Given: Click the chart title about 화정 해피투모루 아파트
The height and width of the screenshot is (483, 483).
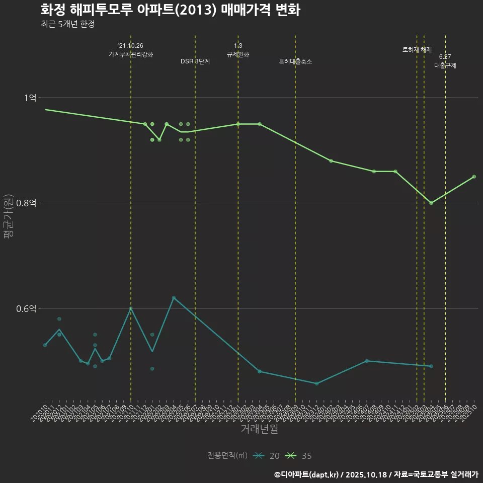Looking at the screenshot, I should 170,10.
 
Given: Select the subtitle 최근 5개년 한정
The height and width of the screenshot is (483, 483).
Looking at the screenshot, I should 67,24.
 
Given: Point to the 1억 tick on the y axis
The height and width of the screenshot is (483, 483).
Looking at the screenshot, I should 30,98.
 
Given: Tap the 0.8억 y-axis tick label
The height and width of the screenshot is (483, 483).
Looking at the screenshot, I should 26,203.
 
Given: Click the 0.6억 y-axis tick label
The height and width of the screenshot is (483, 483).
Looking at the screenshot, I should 26,308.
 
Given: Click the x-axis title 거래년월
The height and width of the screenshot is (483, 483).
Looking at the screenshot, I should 259,429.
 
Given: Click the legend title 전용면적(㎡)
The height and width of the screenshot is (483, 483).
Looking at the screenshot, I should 227,456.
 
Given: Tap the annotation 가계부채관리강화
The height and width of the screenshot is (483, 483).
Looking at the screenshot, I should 131,54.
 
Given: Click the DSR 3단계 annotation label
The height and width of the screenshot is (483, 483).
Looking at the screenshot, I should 195,61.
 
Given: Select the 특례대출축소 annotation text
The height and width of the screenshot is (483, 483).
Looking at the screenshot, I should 295,61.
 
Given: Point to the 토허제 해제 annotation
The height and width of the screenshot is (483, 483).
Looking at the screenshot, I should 417,50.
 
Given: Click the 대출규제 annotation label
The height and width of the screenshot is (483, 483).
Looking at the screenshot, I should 445,65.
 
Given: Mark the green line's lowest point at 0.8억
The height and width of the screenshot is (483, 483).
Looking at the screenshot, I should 431,203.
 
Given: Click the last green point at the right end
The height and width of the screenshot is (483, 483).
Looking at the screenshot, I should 474,177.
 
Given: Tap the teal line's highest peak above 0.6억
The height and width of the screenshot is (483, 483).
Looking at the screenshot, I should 174,298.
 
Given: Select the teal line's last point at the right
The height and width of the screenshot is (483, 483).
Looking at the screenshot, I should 431,366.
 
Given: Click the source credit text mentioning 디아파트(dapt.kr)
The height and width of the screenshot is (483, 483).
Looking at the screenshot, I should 376,474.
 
